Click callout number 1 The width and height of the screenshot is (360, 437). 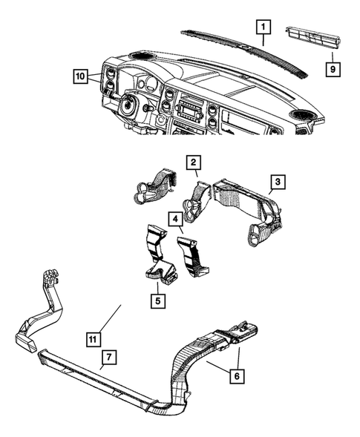262,27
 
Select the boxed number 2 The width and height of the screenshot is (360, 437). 192,162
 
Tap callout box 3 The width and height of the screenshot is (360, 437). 274,182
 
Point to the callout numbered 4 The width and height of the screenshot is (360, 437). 174,220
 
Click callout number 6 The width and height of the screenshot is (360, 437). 236,376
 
